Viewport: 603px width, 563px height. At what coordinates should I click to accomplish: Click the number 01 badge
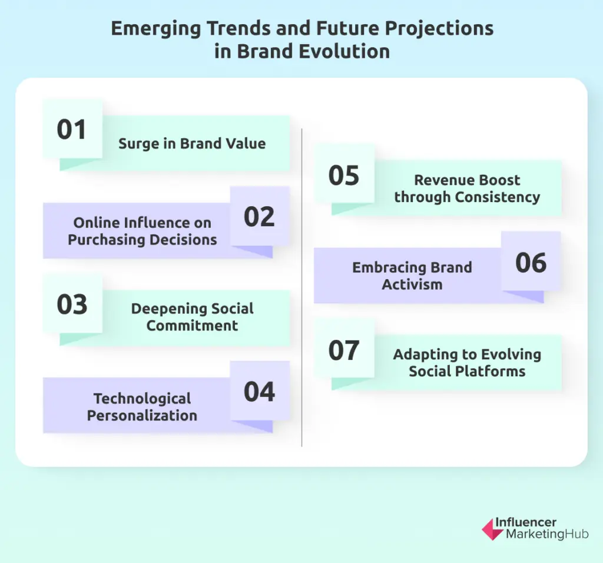pyautogui.click(x=72, y=130)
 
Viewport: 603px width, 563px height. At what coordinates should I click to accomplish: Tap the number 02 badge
pyautogui.click(x=259, y=217)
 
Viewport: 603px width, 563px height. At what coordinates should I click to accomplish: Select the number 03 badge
pyautogui.click(x=72, y=304)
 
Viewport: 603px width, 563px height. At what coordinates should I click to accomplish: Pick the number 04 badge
pyautogui.click(x=259, y=392)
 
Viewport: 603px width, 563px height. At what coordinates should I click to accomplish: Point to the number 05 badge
pyautogui.click(x=344, y=175)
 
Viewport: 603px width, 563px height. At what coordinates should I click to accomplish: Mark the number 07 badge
pyautogui.click(x=344, y=350)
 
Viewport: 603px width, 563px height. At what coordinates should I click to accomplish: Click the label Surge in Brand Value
pyautogui.click(x=192, y=143)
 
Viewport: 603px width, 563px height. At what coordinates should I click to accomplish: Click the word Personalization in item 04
pyautogui.click(x=142, y=415)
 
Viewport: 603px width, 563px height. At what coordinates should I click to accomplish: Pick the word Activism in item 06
pyautogui.click(x=412, y=284)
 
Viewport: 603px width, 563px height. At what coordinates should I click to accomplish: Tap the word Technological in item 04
pyautogui.click(x=142, y=399)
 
